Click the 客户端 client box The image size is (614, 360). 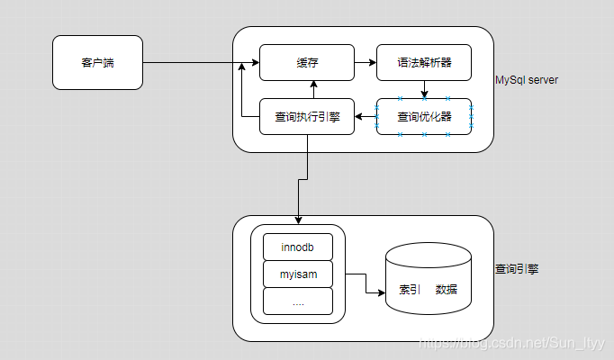click(97, 63)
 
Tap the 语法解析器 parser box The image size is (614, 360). click(423, 63)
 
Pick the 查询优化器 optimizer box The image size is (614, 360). click(423, 116)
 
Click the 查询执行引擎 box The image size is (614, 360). click(307, 116)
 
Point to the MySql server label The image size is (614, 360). click(527, 80)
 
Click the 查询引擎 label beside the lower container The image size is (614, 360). click(518, 269)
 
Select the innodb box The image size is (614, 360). click(298, 247)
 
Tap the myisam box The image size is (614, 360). click(298, 274)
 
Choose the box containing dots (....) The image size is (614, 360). click(298, 301)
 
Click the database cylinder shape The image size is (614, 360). click(429, 279)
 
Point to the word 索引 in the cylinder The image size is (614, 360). click(410, 290)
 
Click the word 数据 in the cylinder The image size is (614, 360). click(447, 290)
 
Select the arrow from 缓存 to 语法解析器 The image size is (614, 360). click(365, 63)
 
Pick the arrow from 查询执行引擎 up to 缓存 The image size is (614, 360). click(313, 89)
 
